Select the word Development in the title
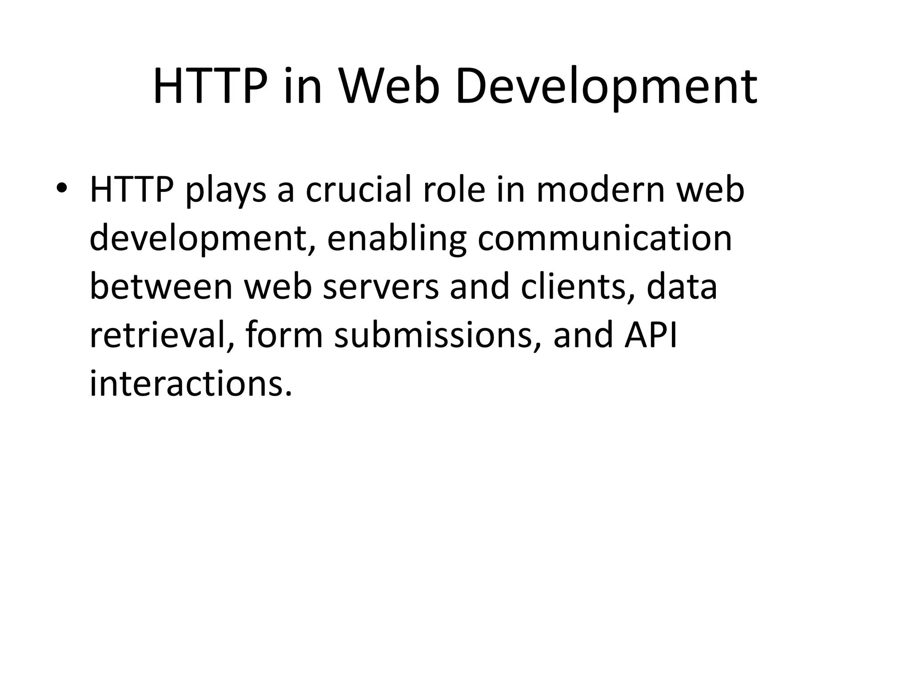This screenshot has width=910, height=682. coord(606,87)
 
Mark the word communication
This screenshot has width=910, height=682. coord(605,238)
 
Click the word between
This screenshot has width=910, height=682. coord(161,286)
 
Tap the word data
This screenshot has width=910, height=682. coord(682,286)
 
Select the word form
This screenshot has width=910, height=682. coord(283,335)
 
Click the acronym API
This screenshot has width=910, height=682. coord(651,335)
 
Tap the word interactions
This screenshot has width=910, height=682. coord(191,383)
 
